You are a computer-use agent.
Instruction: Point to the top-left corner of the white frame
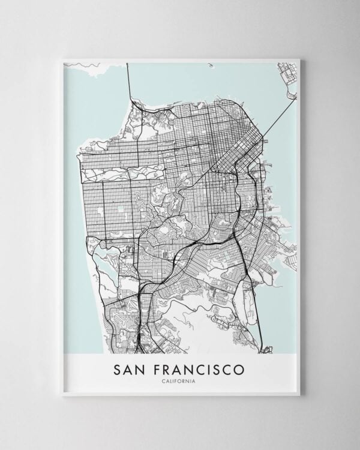[x=62, y=59]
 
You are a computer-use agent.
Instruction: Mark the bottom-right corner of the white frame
[x=299, y=395]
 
